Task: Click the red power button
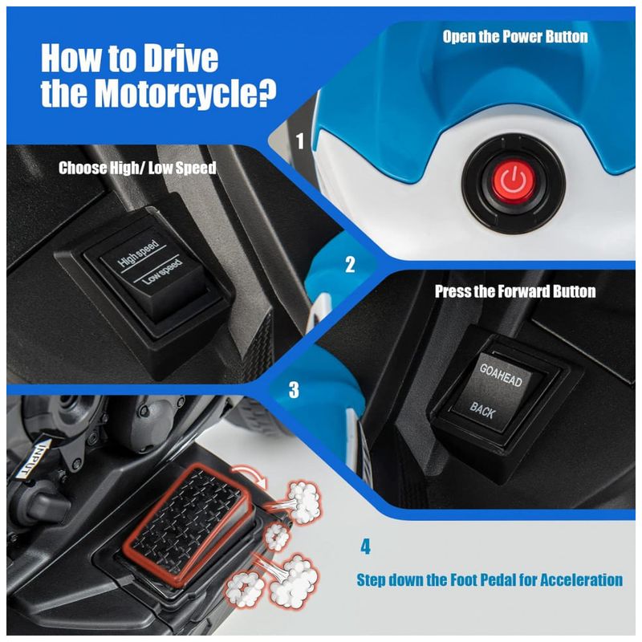click(x=514, y=181)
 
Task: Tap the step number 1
click(x=300, y=140)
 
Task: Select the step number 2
click(x=350, y=265)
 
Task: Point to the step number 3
click(x=294, y=389)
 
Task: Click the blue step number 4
click(x=365, y=547)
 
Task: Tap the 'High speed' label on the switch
click(x=138, y=253)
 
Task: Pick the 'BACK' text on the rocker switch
click(x=483, y=410)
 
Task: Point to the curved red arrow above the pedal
click(x=250, y=473)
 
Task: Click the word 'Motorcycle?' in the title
click(x=185, y=94)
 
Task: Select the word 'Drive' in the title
click(x=179, y=58)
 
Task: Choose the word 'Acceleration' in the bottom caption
click(x=581, y=579)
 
